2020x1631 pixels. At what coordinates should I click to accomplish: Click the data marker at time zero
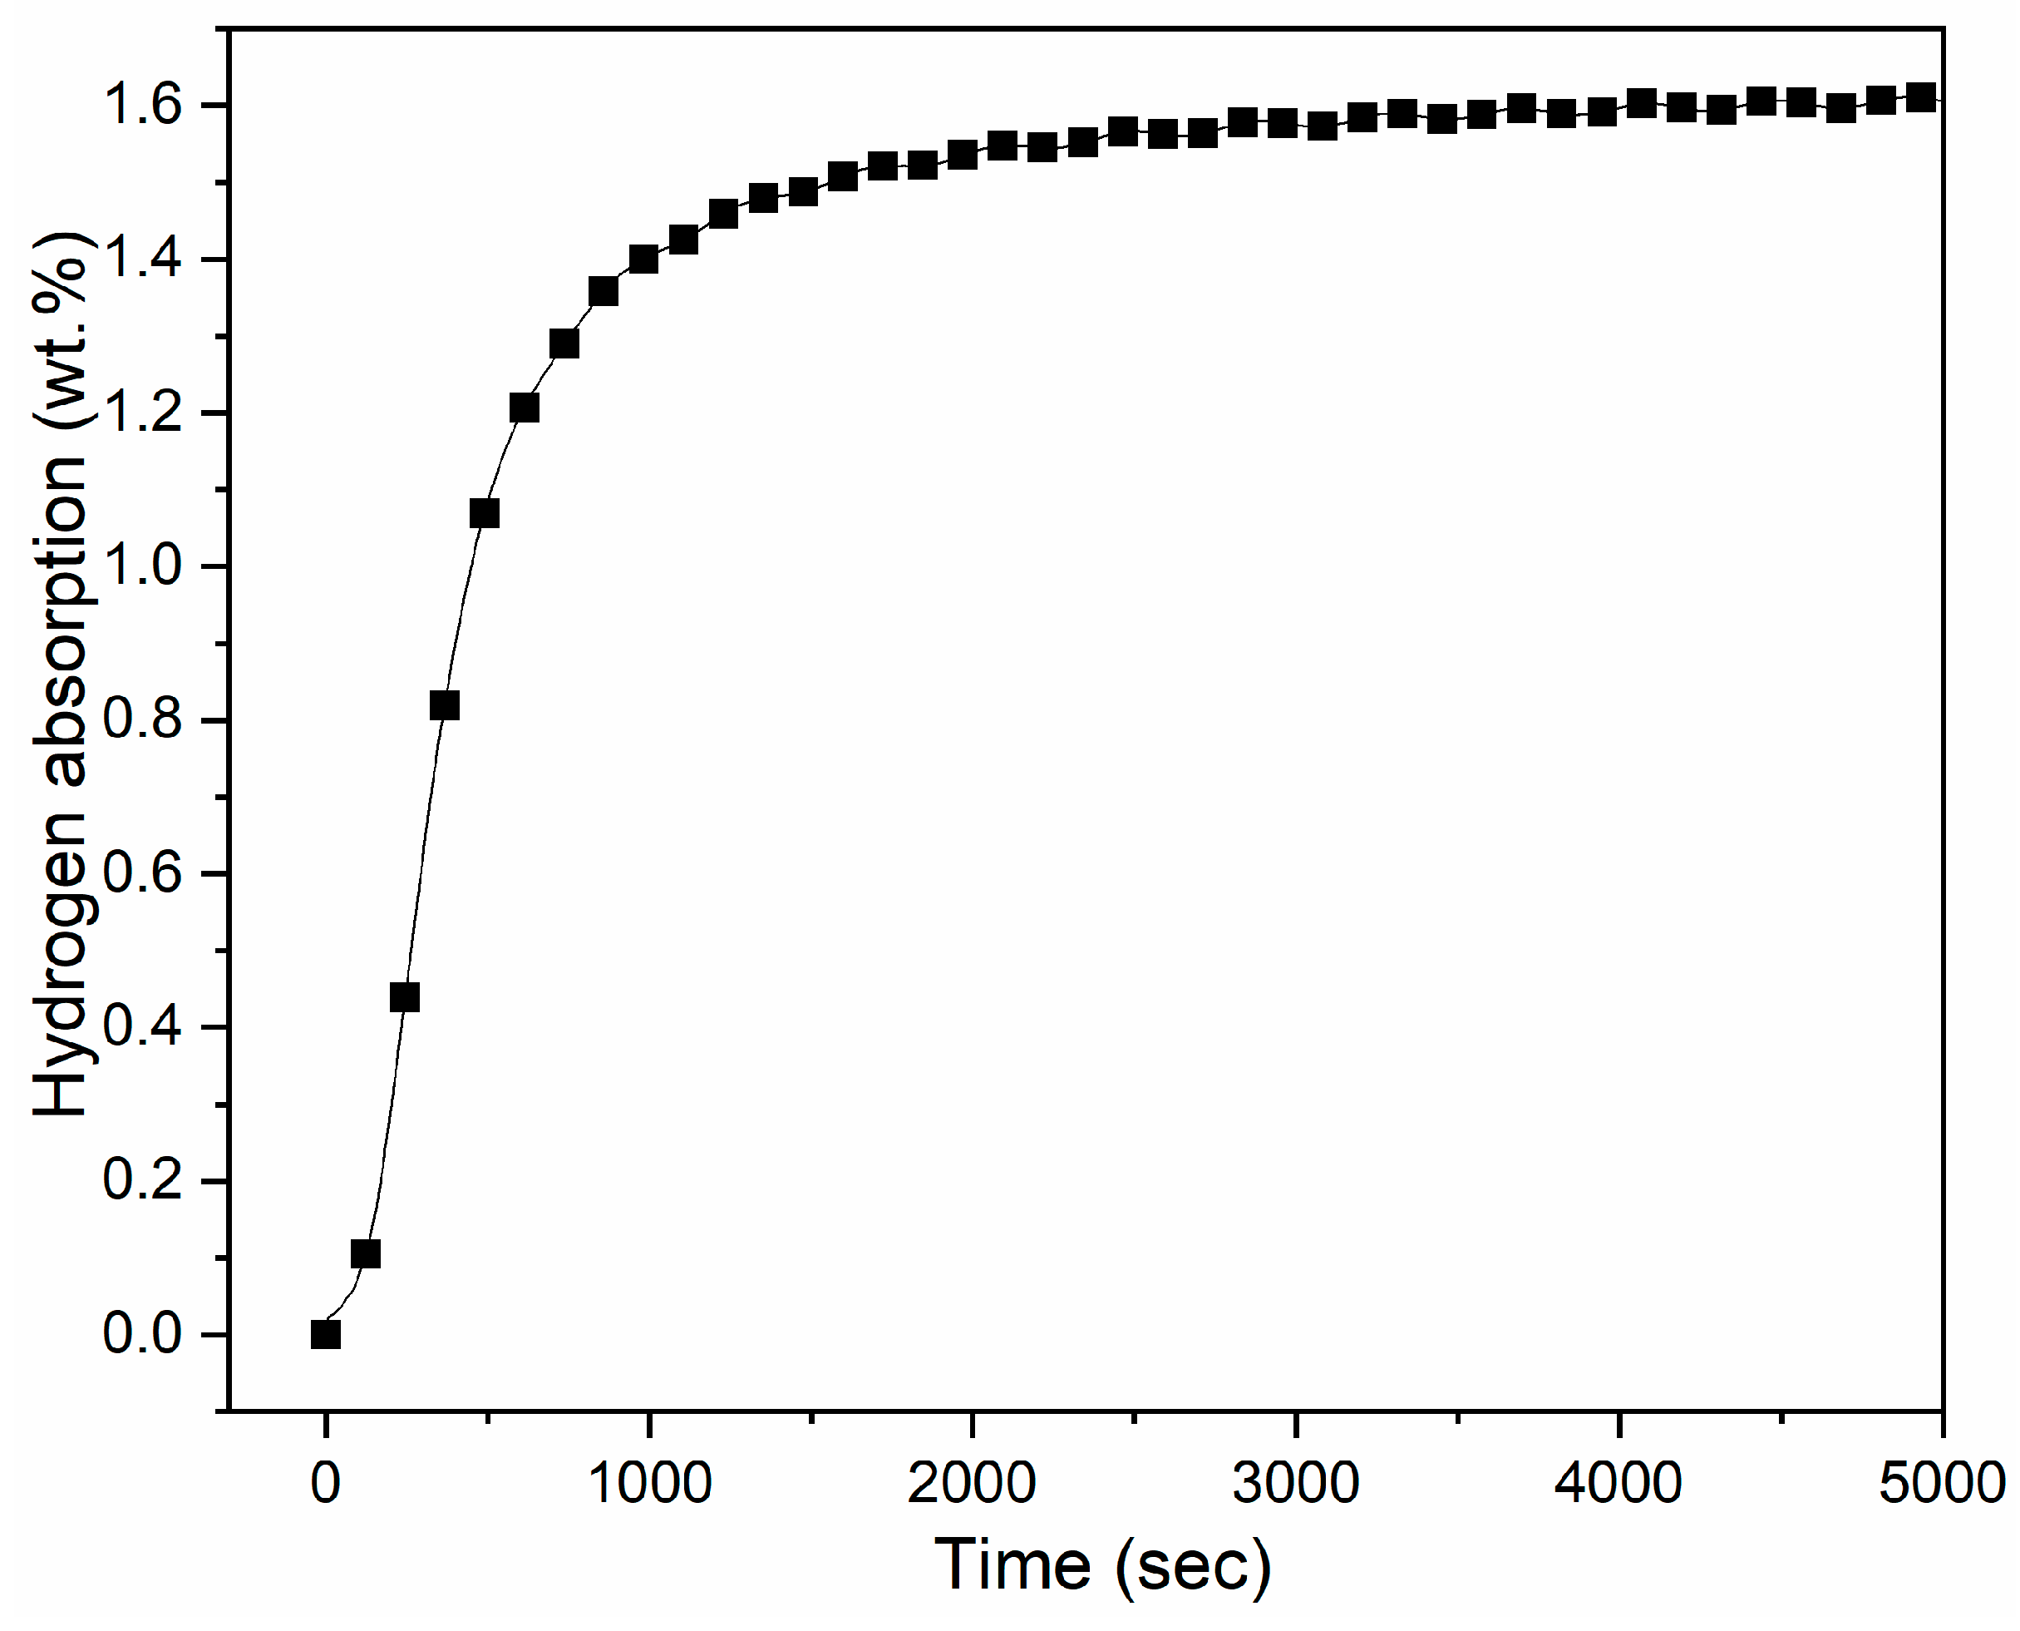click(325, 1334)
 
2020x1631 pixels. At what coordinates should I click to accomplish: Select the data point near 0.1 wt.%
click(365, 1253)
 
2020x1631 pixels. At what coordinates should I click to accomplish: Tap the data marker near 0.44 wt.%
click(405, 997)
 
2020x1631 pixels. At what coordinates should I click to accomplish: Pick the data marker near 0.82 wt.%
click(444, 704)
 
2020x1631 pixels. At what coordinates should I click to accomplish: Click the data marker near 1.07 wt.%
click(485, 513)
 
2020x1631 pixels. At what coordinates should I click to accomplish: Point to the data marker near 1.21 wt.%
click(524, 408)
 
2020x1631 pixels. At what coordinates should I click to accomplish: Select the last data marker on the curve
click(1921, 96)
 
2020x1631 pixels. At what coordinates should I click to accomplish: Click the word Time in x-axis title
click(1012, 1566)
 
